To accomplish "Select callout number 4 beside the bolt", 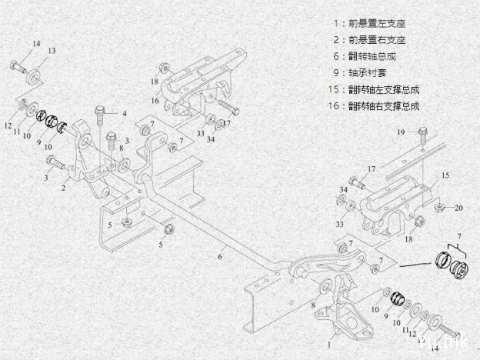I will (124, 114).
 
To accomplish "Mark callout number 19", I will (401, 132).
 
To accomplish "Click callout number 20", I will (458, 208).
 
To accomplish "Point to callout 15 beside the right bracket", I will (444, 176).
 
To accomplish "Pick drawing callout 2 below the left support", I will (63, 186).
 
